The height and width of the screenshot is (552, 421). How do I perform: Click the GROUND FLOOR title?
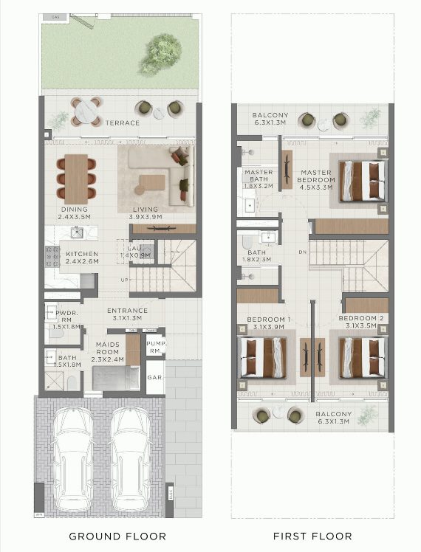click(x=117, y=536)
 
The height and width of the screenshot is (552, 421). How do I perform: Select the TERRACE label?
click(x=122, y=123)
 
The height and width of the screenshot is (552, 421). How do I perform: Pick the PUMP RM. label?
click(x=154, y=347)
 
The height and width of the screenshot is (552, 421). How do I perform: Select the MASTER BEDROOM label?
click(x=316, y=180)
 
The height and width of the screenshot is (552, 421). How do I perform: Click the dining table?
click(x=76, y=179)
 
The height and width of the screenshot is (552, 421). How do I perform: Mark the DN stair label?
click(x=302, y=252)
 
